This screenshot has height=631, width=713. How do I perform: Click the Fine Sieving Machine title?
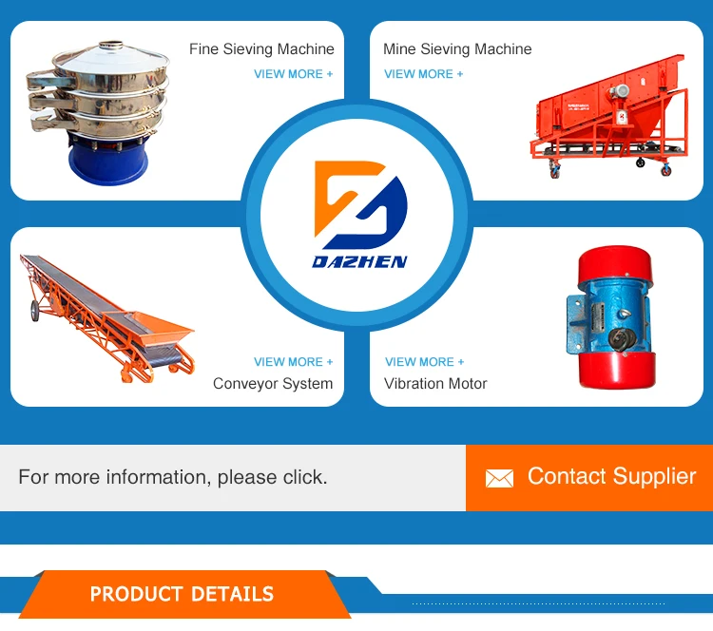(261, 49)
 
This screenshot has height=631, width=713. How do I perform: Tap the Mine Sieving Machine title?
(457, 49)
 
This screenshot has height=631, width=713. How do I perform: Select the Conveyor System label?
(273, 384)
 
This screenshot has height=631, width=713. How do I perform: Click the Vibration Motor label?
(435, 384)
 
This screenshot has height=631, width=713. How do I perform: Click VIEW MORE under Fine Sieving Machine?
(293, 74)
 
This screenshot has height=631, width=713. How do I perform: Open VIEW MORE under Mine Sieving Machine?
(424, 74)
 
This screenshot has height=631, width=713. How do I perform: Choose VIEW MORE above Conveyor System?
(293, 362)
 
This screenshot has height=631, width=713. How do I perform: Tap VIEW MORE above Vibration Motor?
(425, 362)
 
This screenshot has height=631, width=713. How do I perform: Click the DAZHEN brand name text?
(359, 261)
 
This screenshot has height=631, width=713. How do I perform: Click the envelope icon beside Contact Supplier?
(499, 478)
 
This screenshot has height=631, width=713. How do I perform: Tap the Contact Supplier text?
(611, 476)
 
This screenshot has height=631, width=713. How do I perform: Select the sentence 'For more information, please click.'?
(173, 477)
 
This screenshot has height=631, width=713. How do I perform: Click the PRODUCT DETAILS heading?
(182, 595)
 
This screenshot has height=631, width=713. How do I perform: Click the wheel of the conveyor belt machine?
(34, 311)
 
